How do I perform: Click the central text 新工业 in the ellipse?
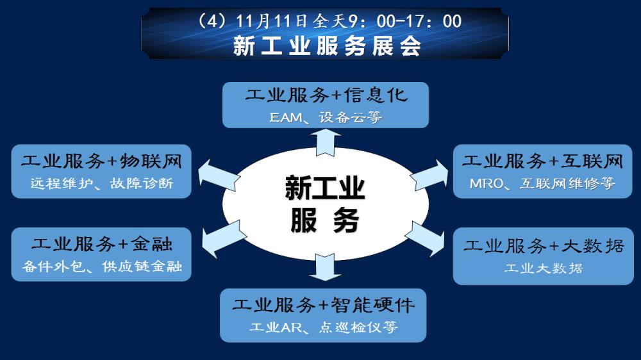coord(325,190)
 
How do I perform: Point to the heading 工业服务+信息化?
coord(326,96)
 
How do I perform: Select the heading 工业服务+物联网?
coord(101,161)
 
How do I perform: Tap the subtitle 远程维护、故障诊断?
coord(101,183)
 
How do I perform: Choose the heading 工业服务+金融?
coord(101,244)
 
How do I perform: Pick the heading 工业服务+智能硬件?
coord(323,305)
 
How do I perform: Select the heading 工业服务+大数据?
coord(544,246)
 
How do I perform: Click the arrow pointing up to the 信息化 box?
coord(325,141)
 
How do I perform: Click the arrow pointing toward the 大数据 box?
coord(426,236)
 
